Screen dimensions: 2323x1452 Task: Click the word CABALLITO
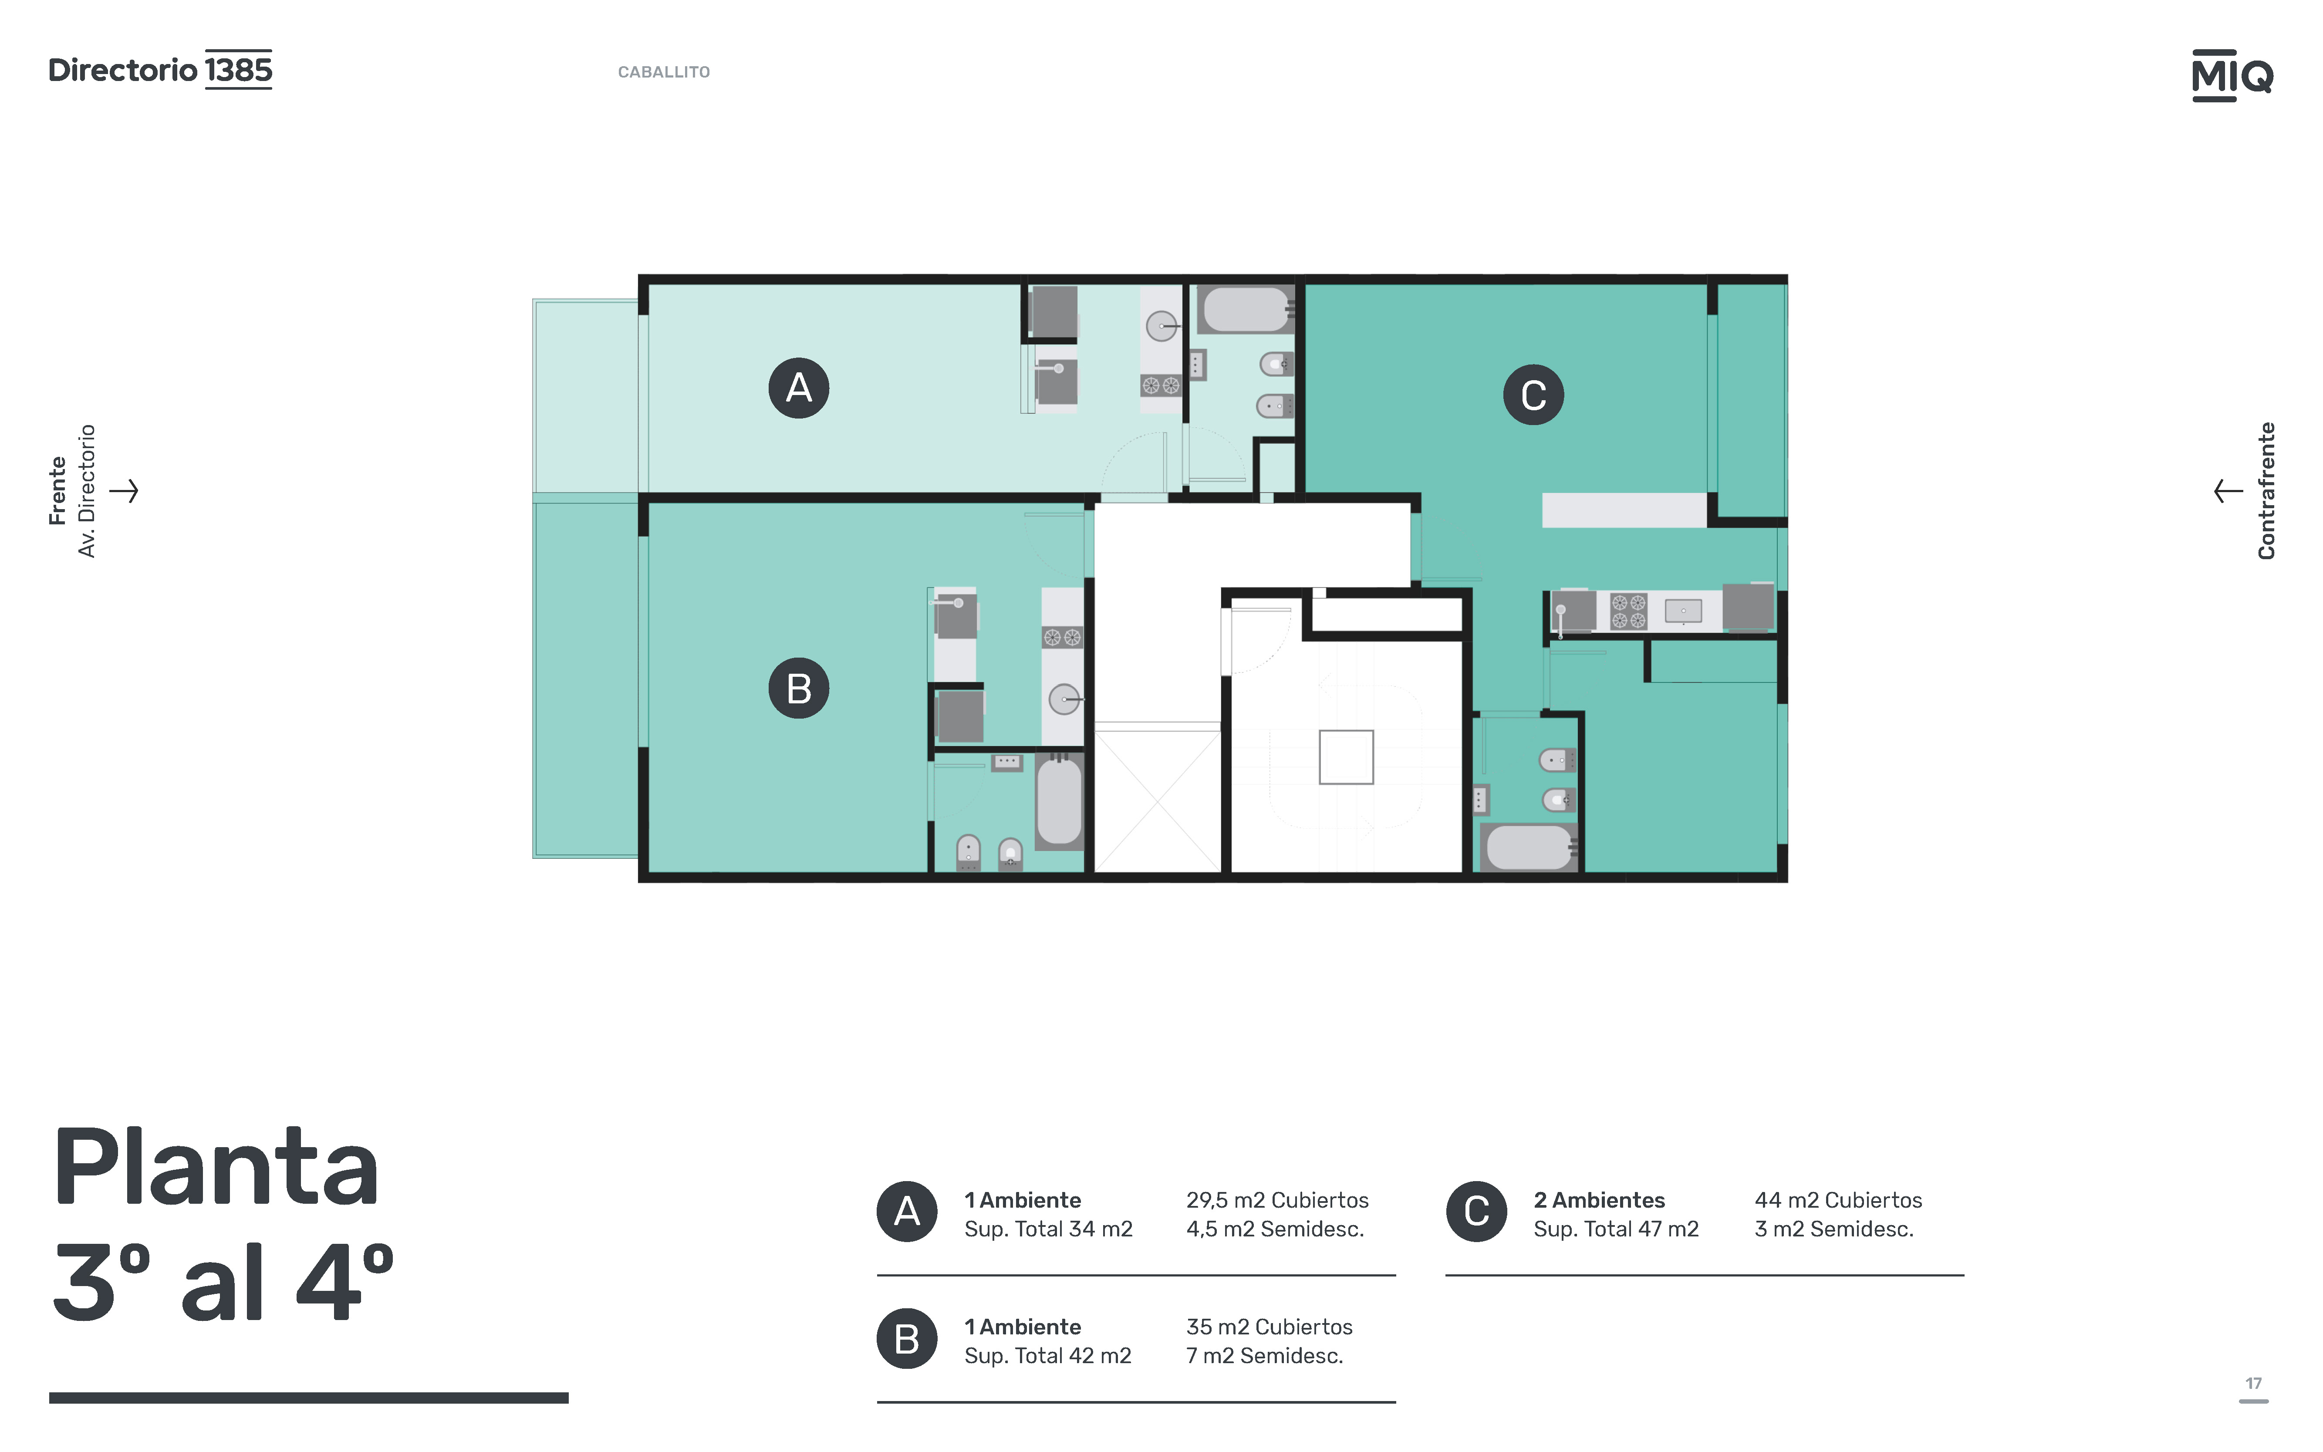(x=664, y=72)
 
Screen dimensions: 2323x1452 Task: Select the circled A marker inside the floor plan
(x=799, y=388)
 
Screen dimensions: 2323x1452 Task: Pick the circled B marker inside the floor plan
(x=799, y=689)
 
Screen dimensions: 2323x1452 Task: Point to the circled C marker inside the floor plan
(x=1533, y=395)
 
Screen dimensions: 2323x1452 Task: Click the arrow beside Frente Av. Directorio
(x=124, y=491)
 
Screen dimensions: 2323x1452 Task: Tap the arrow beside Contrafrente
(x=2228, y=491)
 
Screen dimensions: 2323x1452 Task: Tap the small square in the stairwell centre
(x=1346, y=757)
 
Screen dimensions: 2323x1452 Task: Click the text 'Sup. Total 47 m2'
(x=1616, y=1229)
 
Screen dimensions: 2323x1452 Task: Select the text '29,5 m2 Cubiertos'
(x=1277, y=1200)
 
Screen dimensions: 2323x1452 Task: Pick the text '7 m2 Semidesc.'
(x=1265, y=1356)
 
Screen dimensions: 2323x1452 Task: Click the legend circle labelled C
(x=1477, y=1212)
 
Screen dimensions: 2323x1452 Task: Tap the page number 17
(x=2253, y=1384)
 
